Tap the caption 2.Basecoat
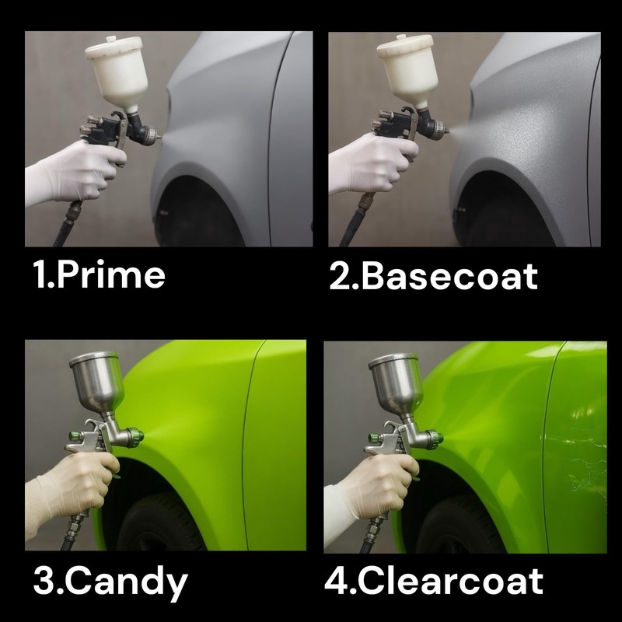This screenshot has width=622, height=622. pyautogui.click(x=433, y=277)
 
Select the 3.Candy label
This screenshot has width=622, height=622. pyautogui.click(x=110, y=582)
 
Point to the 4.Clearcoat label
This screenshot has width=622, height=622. pyautogui.click(x=433, y=582)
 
